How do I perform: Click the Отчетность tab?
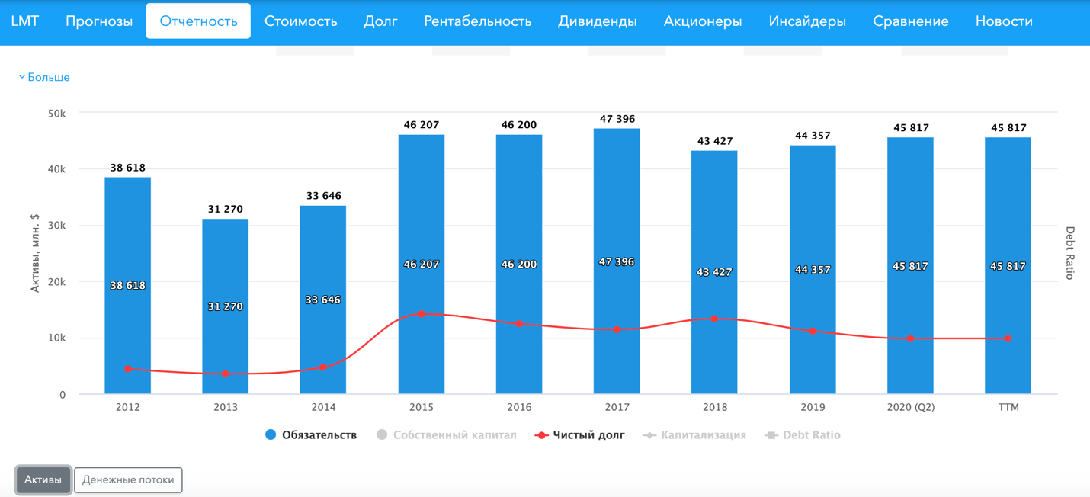point(198,21)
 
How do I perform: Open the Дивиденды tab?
point(597,21)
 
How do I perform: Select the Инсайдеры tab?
point(807,21)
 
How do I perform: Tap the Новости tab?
point(1004,21)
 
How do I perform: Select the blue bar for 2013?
point(225,343)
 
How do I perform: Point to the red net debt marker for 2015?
point(422,314)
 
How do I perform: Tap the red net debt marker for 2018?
point(714,319)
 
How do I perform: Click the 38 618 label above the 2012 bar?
point(127,168)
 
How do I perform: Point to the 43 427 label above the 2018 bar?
point(714,141)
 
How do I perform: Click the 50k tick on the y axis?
point(57,113)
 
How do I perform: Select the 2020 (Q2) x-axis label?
point(910,407)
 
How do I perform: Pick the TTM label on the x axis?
point(1008,407)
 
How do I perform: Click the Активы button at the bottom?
point(43,479)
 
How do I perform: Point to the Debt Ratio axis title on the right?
point(1069,253)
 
